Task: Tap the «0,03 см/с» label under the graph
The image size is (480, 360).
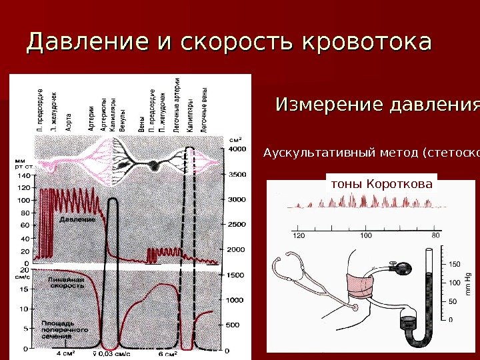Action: tap(112, 353)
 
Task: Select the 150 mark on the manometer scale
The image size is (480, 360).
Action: tap(455, 265)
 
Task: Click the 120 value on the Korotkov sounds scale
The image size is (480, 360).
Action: tap(299, 235)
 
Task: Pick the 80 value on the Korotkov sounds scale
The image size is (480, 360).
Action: tap(436, 235)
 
